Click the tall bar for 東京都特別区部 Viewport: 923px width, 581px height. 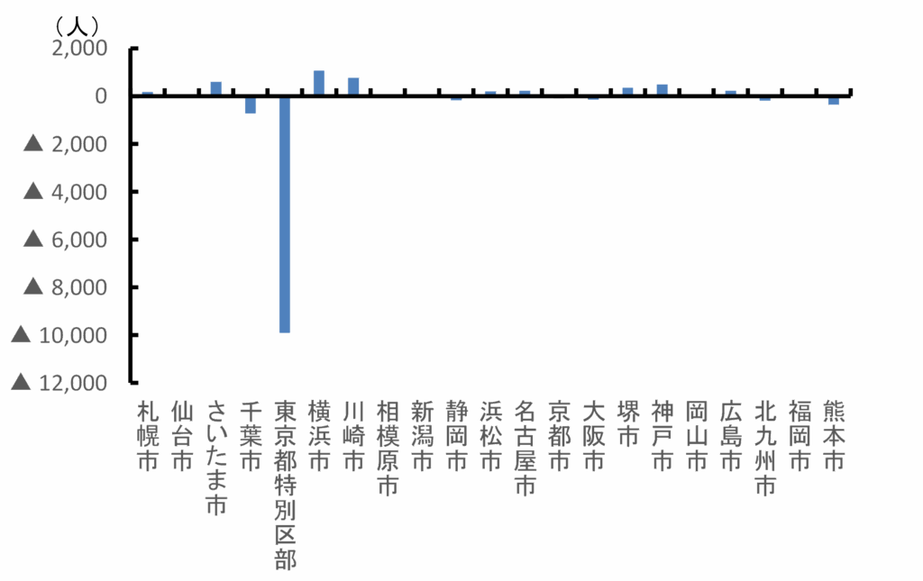point(285,214)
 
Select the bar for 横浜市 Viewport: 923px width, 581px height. point(319,83)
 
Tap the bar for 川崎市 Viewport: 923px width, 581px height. point(353,86)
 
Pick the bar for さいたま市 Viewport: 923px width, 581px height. point(216,88)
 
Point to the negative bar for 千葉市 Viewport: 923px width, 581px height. point(251,104)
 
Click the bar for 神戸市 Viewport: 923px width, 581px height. point(662,89)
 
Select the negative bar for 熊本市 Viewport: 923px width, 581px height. point(834,101)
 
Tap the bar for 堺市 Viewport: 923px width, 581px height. point(627,91)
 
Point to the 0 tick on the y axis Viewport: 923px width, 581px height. point(101,96)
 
